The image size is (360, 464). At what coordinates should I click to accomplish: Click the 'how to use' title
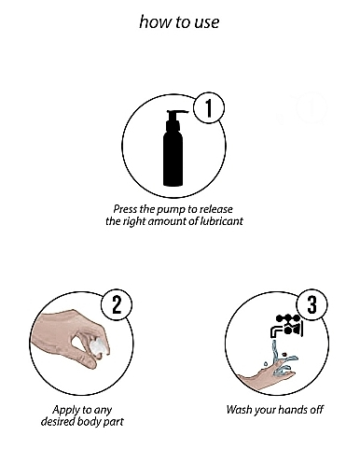click(x=179, y=22)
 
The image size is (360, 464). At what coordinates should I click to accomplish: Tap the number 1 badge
click(x=209, y=108)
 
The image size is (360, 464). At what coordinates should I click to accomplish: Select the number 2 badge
click(x=117, y=304)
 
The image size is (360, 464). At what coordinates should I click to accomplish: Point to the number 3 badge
click(x=312, y=304)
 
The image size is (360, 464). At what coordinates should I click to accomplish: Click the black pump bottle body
click(x=173, y=157)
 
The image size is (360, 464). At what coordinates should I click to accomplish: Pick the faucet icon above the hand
click(x=286, y=326)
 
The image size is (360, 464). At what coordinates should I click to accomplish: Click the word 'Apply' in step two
click(x=63, y=411)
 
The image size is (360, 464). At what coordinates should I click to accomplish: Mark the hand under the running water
click(x=268, y=376)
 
